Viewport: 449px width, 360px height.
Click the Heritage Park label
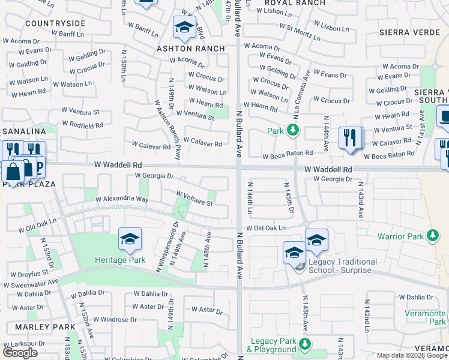[120, 260]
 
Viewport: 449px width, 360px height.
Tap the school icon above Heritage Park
[130, 239]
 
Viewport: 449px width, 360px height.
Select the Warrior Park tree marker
[432, 236]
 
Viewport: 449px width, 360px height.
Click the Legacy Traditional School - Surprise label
[343, 266]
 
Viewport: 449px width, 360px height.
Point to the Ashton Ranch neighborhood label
[191, 49]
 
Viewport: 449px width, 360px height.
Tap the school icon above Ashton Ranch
[184, 27]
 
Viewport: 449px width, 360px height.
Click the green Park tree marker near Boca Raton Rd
[292, 130]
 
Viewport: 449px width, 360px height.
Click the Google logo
[20, 353]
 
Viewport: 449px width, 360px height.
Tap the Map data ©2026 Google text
[412, 355]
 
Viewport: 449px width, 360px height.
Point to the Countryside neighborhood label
[55, 23]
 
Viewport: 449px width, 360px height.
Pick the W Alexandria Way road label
[124, 199]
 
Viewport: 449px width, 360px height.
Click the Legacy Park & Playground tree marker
[305, 344]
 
